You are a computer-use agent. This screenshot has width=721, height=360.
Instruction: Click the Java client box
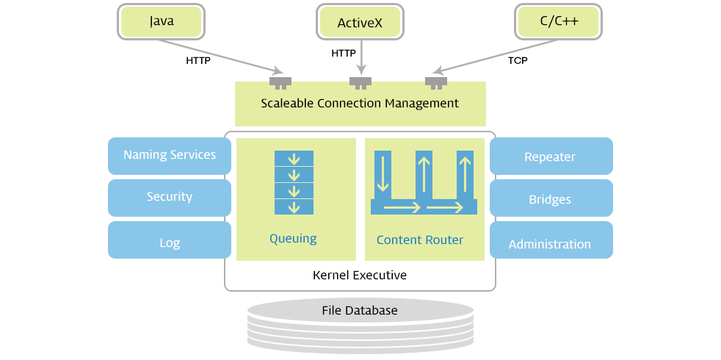click(162, 21)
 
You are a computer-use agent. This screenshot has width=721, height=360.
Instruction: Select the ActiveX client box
click(360, 22)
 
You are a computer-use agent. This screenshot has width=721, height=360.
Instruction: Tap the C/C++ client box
click(559, 21)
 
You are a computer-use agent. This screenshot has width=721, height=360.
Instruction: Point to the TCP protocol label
click(518, 61)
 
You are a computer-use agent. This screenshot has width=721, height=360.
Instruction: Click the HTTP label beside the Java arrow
click(198, 61)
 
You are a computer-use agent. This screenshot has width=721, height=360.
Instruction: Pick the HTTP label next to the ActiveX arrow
click(344, 54)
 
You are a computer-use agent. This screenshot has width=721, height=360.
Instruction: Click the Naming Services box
click(170, 155)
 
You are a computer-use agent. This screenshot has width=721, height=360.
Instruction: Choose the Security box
click(170, 197)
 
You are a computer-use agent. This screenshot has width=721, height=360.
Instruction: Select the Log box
click(170, 242)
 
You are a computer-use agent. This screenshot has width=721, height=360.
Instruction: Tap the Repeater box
click(550, 156)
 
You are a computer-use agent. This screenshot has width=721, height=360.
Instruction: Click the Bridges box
click(550, 199)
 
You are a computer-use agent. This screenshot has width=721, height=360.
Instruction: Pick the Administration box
click(550, 244)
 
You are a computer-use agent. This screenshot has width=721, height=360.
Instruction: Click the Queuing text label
click(293, 239)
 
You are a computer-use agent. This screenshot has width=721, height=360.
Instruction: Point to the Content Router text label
click(420, 240)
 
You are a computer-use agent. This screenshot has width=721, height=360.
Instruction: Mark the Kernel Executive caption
click(360, 276)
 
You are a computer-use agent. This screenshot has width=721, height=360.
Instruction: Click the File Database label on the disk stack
click(360, 311)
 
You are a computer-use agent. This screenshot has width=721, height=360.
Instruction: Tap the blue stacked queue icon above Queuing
click(294, 183)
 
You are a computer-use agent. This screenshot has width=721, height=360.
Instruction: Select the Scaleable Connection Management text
click(360, 103)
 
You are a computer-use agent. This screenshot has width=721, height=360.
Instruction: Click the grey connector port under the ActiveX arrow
click(360, 81)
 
